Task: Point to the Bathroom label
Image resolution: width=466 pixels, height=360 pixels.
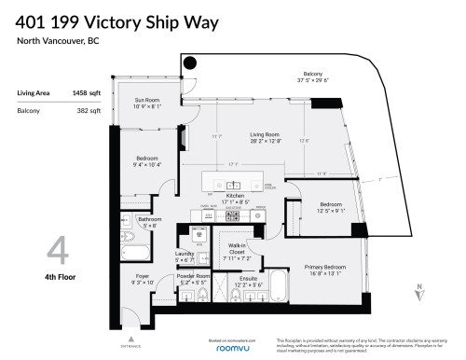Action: [136, 221]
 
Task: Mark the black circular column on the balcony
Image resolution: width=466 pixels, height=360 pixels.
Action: [189, 63]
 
